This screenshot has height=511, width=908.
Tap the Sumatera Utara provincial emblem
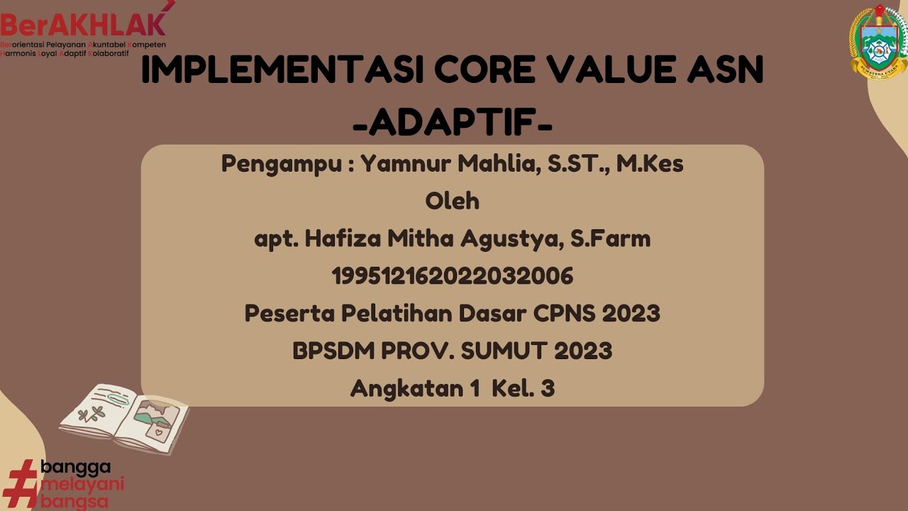pyautogui.click(x=878, y=43)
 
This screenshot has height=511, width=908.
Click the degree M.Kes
pyautogui.click(x=649, y=164)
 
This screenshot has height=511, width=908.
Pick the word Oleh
pyautogui.click(x=453, y=202)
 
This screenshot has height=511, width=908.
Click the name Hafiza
pyautogui.click(x=343, y=239)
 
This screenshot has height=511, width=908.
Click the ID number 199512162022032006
pyautogui.click(x=453, y=276)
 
